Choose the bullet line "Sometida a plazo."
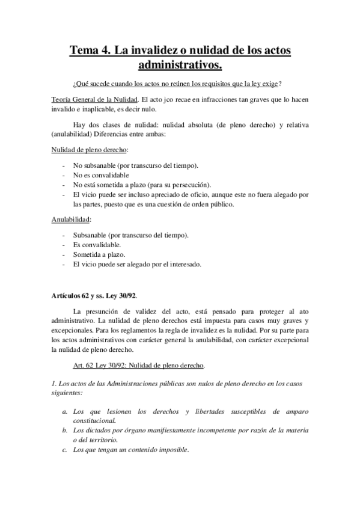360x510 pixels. click(x=95, y=255)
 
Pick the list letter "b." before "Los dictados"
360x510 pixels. click(x=65, y=431)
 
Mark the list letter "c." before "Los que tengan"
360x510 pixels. click(x=65, y=450)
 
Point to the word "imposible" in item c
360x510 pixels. click(x=172, y=450)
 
